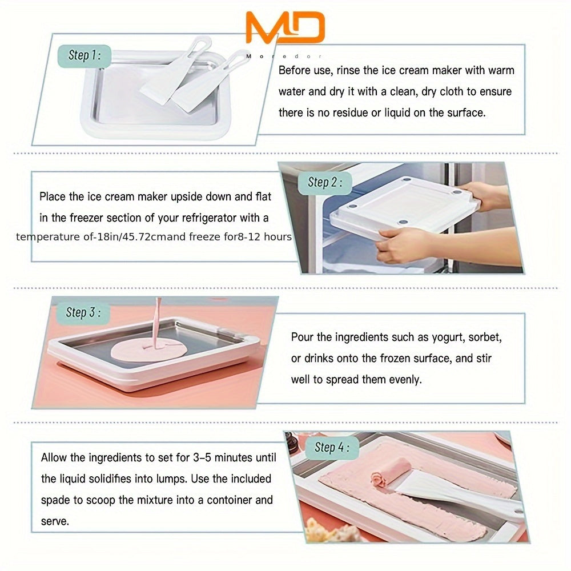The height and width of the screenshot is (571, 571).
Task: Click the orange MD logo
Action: [285, 28]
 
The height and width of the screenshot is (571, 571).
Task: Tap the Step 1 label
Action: [85, 55]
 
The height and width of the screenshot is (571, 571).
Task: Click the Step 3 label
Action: [83, 312]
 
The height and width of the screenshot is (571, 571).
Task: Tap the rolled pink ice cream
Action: [391, 472]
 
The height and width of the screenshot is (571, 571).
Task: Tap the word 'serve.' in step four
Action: [55, 521]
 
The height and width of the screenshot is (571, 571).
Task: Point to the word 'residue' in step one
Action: [343, 113]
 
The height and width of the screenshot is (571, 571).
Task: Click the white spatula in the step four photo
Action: [451, 491]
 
